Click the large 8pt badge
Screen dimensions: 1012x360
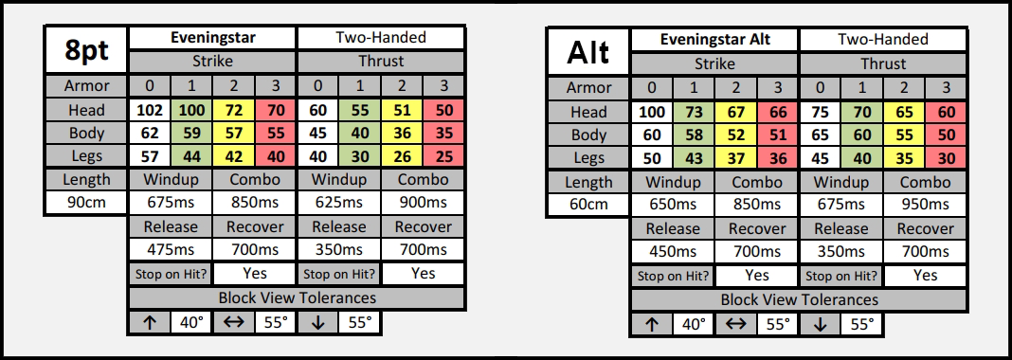click(x=86, y=50)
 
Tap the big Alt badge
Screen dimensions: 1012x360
click(x=588, y=51)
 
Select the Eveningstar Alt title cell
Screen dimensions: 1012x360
click(x=715, y=40)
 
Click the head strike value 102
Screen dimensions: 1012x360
click(x=151, y=110)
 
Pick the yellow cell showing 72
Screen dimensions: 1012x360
click(x=234, y=110)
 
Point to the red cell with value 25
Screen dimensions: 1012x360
click(x=444, y=156)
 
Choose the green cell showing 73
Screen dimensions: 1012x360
click(x=694, y=112)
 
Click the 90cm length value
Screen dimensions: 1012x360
click(x=86, y=203)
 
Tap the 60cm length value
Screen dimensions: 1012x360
click(x=588, y=204)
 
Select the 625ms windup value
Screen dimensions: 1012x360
click(x=339, y=203)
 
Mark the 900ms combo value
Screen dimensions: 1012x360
click(x=423, y=203)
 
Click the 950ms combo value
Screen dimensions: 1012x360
click(x=925, y=204)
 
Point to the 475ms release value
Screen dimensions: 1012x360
click(x=171, y=250)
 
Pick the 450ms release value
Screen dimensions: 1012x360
click(x=673, y=251)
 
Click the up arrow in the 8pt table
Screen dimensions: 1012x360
click(x=150, y=323)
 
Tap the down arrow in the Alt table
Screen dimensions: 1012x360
click(x=820, y=324)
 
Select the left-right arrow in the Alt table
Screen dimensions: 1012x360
click(x=735, y=324)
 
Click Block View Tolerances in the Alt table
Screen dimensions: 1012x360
click(x=799, y=299)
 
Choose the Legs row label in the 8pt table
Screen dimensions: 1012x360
click(x=86, y=156)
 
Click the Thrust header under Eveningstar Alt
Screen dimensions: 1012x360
click(x=883, y=63)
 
